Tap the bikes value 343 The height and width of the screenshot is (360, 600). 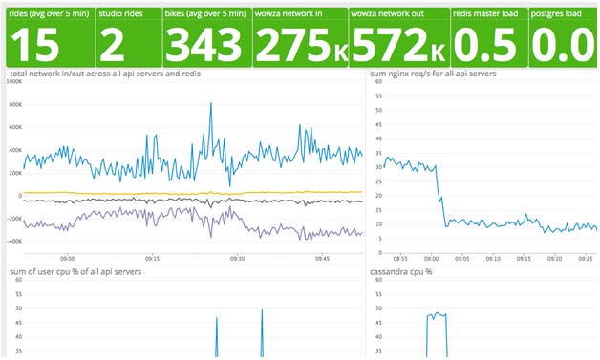(204, 43)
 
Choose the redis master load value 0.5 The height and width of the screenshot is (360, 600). (484, 43)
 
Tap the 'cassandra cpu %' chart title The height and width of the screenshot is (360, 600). (402, 272)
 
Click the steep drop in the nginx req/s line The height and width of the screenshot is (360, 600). (441, 196)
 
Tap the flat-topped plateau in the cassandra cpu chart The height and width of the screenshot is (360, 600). (437, 313)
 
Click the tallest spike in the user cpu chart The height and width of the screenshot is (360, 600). (262, 311)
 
